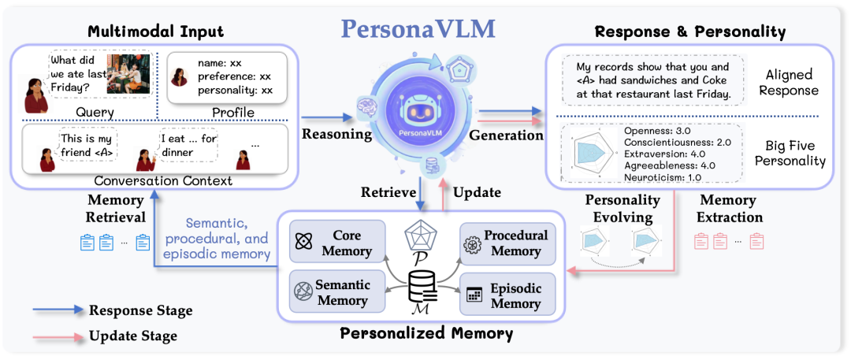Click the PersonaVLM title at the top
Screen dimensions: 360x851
(418, 29)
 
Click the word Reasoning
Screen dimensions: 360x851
(336, 134)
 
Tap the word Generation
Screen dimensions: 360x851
(506, 135)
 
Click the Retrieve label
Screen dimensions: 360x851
(386, 192)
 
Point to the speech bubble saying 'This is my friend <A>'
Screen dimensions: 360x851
(89, 147)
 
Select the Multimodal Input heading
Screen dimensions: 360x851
(155, 32)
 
